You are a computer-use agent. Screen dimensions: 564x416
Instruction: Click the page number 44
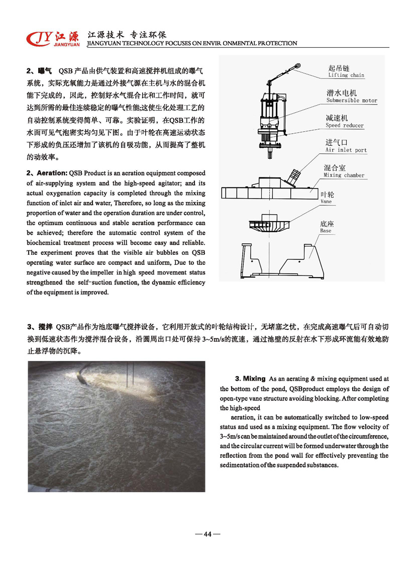pyautogui.click(x=207, y=534)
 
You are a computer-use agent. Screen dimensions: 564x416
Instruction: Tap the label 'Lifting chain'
pyautogui.click(x=346, y=75)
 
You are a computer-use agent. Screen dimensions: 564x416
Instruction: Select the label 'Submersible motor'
pyautogui.click(x=351, y=101)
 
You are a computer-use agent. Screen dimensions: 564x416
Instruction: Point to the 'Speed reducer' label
pyautogui.click(x=344, y=126)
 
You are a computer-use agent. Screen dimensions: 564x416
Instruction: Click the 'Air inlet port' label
pyautogui.click(x=346, y=150)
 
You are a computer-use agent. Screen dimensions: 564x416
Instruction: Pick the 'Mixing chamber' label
pyautogui.click(x=345, y=175)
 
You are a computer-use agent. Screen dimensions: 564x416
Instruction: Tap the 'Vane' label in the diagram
pyautogui.click(x=326, y=202)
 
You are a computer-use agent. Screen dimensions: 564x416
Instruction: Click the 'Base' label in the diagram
pyautogui.click(x=326, y=231)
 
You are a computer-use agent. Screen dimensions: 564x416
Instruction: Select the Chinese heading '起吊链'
pyautogui.click(x=339, y=68)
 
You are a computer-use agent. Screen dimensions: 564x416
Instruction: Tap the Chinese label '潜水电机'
pyautogui.click(x=342, y=93)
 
